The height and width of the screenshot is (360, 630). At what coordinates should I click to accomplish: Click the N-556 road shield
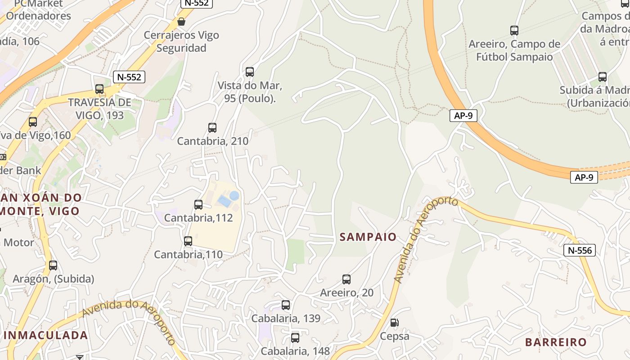click(x=580, y=250)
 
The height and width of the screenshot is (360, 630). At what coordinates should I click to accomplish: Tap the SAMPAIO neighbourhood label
click(x=368, y=237)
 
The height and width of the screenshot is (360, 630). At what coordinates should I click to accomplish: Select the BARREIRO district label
click(x=556, y=342)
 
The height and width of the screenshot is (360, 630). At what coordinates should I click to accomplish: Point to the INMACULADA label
click(x=46, y=335)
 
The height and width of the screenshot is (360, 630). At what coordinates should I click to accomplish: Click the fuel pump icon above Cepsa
click(x=394, y=322)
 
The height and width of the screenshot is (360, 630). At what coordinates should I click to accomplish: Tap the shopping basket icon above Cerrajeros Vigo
click(x=181, y=21)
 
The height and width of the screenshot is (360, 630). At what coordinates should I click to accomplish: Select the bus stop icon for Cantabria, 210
click(x=212, y=127)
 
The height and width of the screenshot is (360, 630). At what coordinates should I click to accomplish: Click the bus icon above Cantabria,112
click(x=198, y=205)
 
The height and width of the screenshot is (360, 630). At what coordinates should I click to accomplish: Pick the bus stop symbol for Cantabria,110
click(x=188, y=241)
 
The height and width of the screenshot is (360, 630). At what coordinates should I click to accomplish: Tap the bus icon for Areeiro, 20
click(x=346, y=279)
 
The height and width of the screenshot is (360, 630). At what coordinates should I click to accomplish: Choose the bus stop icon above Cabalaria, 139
click(x=286, y=305)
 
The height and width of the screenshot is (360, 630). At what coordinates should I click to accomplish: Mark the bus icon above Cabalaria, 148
click(x=295, y=337)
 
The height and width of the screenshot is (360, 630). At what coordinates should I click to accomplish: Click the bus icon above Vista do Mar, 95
click(x=250, y=72)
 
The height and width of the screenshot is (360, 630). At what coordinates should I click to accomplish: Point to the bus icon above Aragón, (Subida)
click(x=53, y=265)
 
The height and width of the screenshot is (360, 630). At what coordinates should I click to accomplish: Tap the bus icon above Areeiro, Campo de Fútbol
click(x=514, y=30)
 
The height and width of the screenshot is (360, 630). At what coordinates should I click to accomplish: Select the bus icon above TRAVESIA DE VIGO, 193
click(x=99, y=89)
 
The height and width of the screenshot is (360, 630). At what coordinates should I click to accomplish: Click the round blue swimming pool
click(x=234, y=196)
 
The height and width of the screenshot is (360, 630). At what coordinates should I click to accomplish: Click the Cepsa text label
click(x=395, y=336)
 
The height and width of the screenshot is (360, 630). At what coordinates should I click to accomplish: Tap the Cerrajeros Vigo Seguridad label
click(x=181, y=41)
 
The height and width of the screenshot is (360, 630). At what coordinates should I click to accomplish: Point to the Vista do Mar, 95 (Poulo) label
click(x=250, y=92)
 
